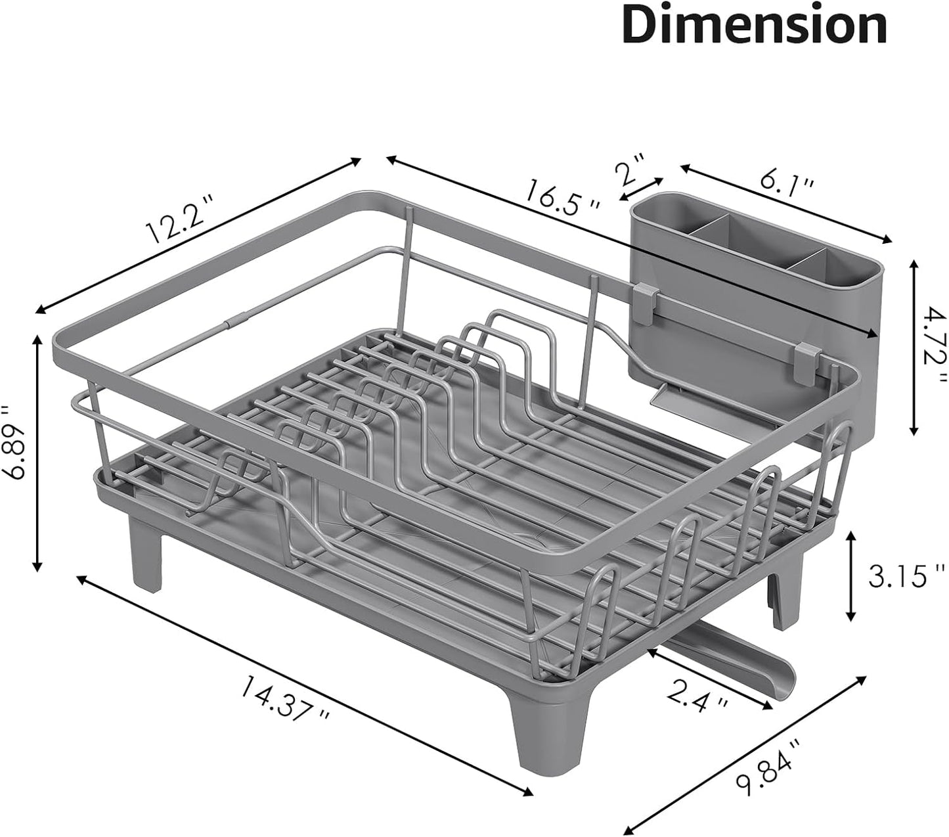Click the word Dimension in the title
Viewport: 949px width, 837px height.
755,26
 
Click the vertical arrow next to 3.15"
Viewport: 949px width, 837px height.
851,576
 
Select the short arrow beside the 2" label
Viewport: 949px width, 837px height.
641,189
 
